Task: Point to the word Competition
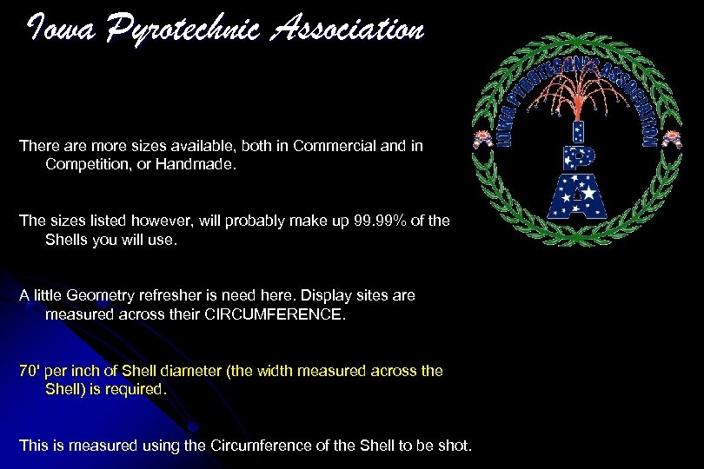click(83, 164)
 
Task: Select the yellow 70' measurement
click(30, 371)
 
